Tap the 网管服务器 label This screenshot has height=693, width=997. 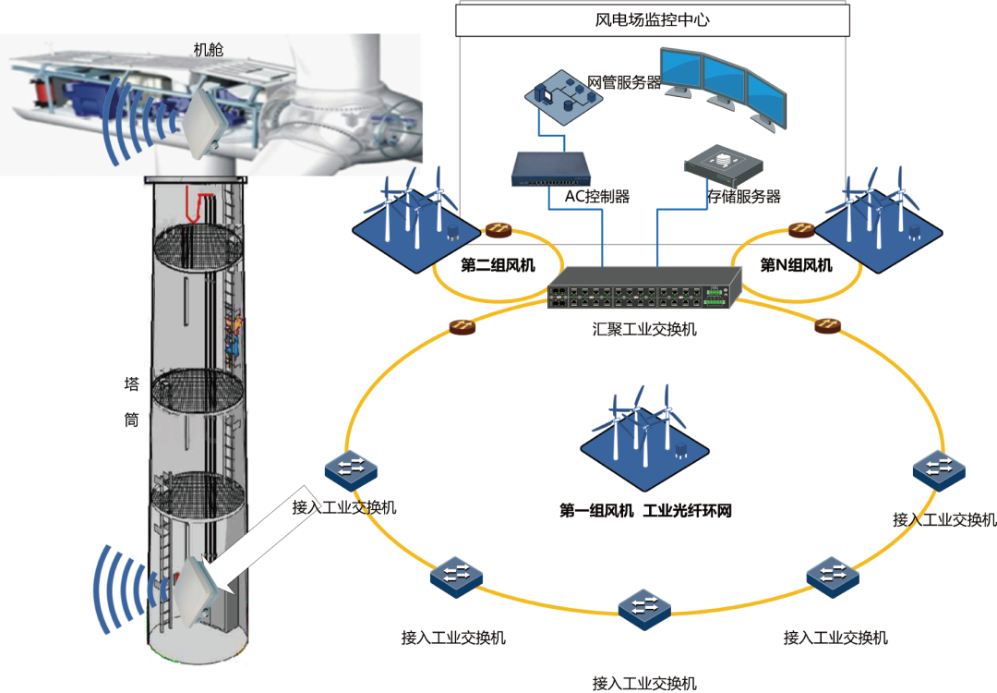click(x=625, y=83)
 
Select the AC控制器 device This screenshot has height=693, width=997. click(x=552, y=169)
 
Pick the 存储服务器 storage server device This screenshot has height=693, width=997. click(x=724, y=167)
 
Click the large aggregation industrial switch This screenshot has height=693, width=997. click(x=643, y=287)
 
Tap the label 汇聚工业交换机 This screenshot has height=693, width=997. click(x=644, y=329)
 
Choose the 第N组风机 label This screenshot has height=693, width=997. click(x=796, y=266)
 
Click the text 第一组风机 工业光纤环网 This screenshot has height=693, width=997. click(x=645, y=510)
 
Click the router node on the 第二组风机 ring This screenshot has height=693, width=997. click(x=499, y=228)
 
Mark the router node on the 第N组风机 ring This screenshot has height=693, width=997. click(x=799, y=229)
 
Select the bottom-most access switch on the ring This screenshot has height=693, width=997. click(x=644, y=608)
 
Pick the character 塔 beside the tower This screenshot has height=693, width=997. click(x=131, y=383)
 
